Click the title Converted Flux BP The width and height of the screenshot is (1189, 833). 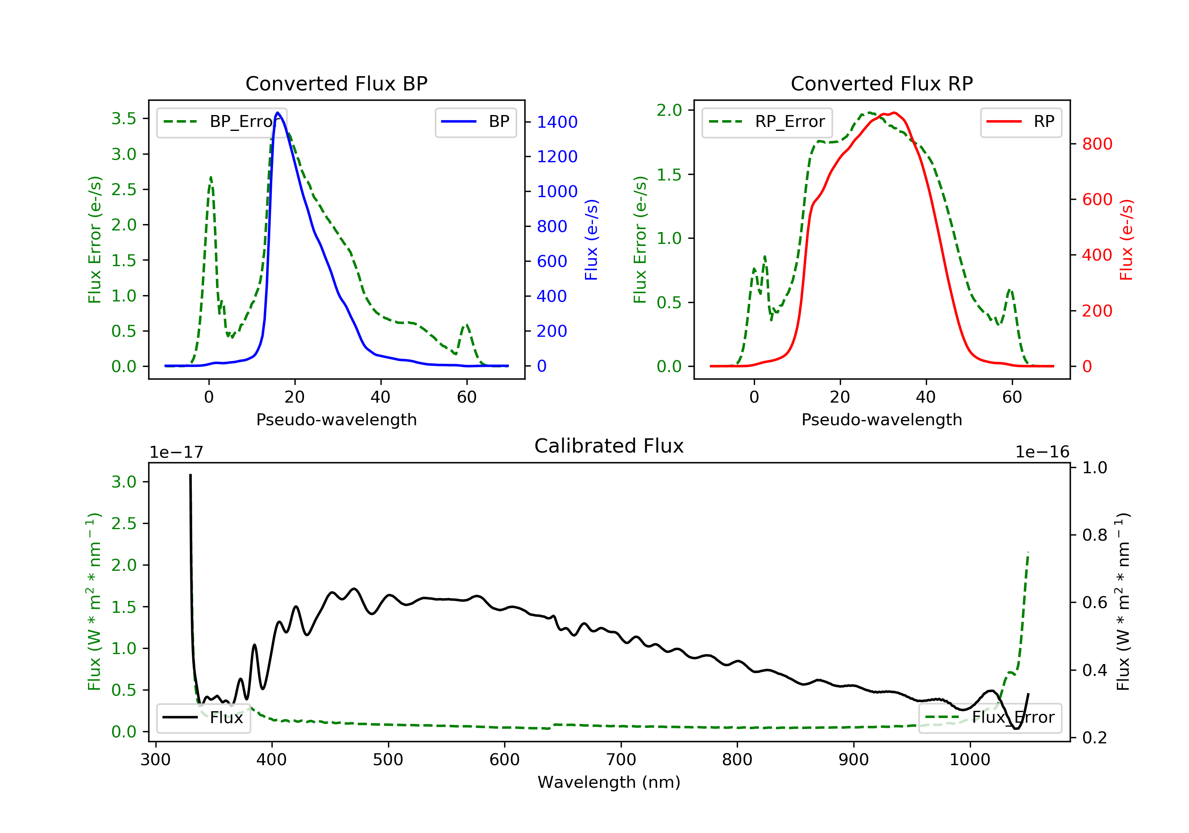point(336,83)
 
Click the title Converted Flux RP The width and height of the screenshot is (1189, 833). point(882,83)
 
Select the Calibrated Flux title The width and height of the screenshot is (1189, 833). point(609,446)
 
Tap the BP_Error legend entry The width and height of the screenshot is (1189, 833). point(222,122)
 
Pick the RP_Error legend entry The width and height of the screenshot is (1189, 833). point(767,122)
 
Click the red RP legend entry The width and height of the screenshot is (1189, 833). point(1021,122)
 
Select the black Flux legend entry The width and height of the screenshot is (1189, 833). point(204,718)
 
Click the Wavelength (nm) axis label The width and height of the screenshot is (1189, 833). point(609,782)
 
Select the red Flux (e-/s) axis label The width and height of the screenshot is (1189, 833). point(1126,240)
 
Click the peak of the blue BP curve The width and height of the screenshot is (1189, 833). point(277,113)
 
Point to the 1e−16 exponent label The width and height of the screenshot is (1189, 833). point(1042,452)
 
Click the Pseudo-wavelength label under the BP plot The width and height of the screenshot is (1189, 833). point(336,419)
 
